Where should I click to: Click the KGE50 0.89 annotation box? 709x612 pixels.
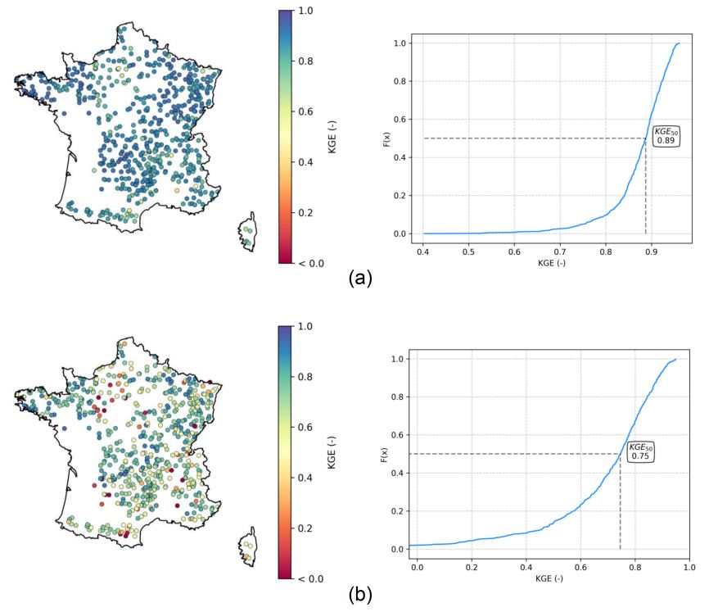[x=665, y=137]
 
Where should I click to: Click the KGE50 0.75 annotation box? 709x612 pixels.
[x=640, y=451]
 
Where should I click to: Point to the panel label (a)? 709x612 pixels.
[x=359, y=278]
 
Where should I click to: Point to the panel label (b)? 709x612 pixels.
[x=359, y=595]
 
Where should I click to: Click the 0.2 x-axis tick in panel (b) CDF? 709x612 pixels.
[x=472, y=565]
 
